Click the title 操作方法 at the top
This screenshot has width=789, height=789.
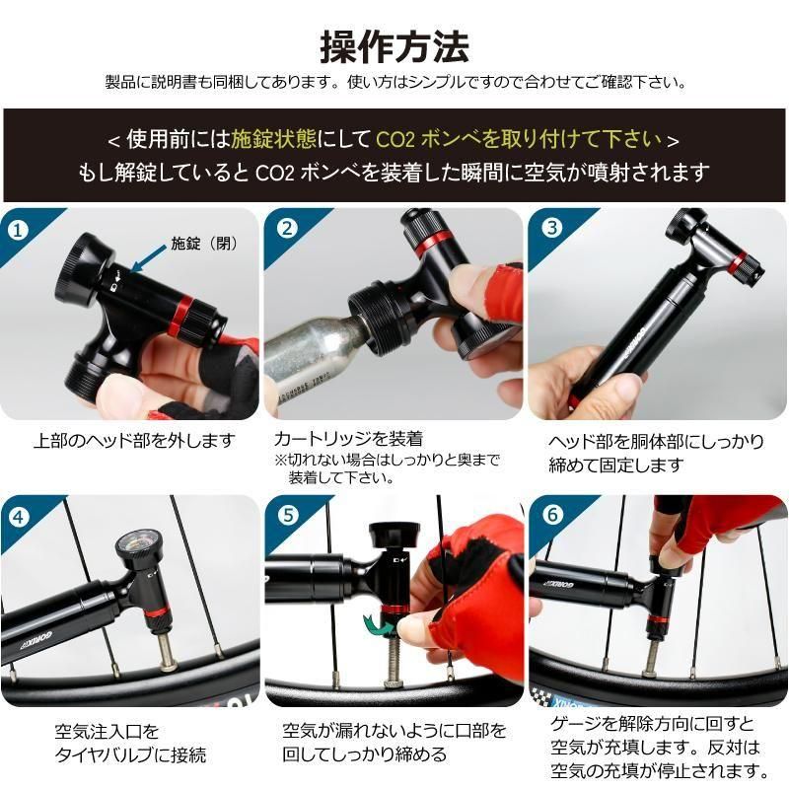[x=394, y=47]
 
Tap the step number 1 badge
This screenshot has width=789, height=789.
[x=18, y=231]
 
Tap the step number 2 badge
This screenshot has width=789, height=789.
[x=287, y=229]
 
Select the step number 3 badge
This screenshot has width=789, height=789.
[x=552, y=228]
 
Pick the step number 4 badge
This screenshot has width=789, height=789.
[x=19, y=517]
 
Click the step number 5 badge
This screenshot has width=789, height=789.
[x=288, y=515]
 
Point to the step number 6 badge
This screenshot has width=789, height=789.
[x=552, y=515]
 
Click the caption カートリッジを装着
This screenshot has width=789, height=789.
[x=348, y=439]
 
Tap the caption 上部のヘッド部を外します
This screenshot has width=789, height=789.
[x=134, y=441]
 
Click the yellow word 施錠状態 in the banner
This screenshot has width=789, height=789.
[x=274, y=139]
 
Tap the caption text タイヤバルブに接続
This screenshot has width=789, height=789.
[x=131, y=754]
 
